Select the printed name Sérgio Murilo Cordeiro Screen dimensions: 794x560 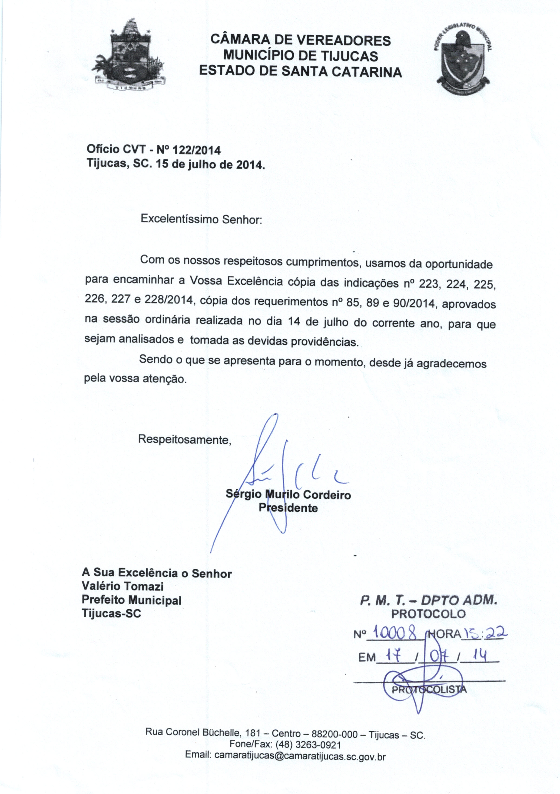point(288,494)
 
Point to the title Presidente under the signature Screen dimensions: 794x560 point(288,508)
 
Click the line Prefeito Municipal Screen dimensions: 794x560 point(131,600)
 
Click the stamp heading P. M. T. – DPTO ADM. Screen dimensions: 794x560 point(428,601)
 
